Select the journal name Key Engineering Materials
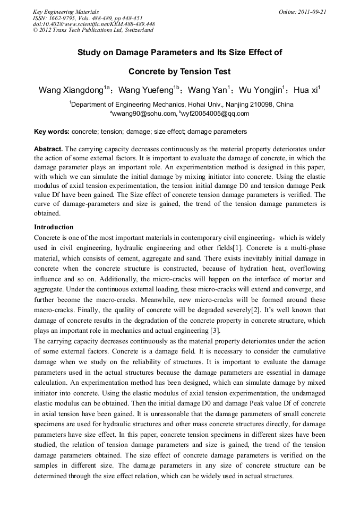66,12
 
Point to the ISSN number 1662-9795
65,18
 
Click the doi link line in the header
93,24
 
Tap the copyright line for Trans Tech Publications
93,30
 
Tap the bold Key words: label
52,131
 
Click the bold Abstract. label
48,149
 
